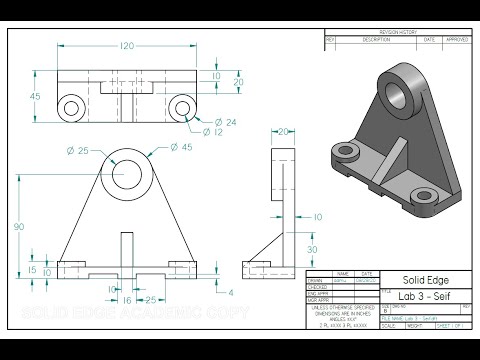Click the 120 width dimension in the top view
point(127,47)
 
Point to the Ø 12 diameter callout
point(225,133)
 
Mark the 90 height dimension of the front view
point(20,227)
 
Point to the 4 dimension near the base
point(231,293)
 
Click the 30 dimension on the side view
point(312,250)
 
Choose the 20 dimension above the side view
point(283,131)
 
